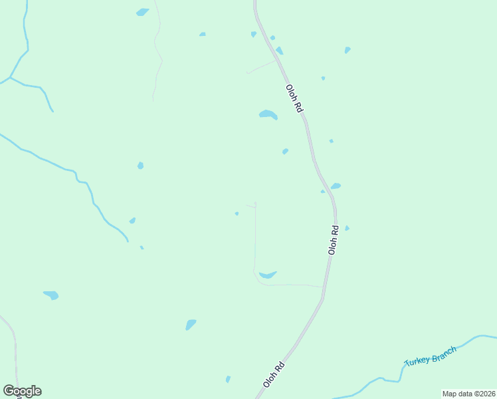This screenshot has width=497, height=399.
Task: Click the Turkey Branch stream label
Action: (431, 356)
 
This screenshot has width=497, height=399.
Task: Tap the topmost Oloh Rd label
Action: (294, 97)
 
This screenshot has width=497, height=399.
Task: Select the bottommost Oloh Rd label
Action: (274, 374)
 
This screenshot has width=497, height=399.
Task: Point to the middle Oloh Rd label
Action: (334, 239)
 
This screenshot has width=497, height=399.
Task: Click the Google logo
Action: (22, 391)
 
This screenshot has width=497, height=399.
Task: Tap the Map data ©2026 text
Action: (468, 394)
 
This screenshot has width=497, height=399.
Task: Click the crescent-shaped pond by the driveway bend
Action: (268, 275)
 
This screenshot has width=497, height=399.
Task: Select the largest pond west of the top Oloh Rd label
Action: (268, 114)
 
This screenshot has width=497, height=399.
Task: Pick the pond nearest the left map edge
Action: (50, 295)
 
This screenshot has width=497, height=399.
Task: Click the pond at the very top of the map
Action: (142, 12)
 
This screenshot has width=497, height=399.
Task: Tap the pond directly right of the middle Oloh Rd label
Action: (347, 228)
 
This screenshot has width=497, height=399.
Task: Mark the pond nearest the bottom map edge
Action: (228, 379)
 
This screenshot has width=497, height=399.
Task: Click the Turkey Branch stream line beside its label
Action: (465, 341)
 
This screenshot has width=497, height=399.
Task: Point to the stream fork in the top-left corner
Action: (11, 78)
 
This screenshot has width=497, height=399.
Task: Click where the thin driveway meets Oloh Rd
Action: (323, 286)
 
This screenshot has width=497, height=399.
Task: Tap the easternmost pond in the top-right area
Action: (348, 50)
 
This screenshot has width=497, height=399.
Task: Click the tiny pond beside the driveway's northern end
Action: (237, 213)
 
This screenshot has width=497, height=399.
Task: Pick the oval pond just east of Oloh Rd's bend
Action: (336, 186)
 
